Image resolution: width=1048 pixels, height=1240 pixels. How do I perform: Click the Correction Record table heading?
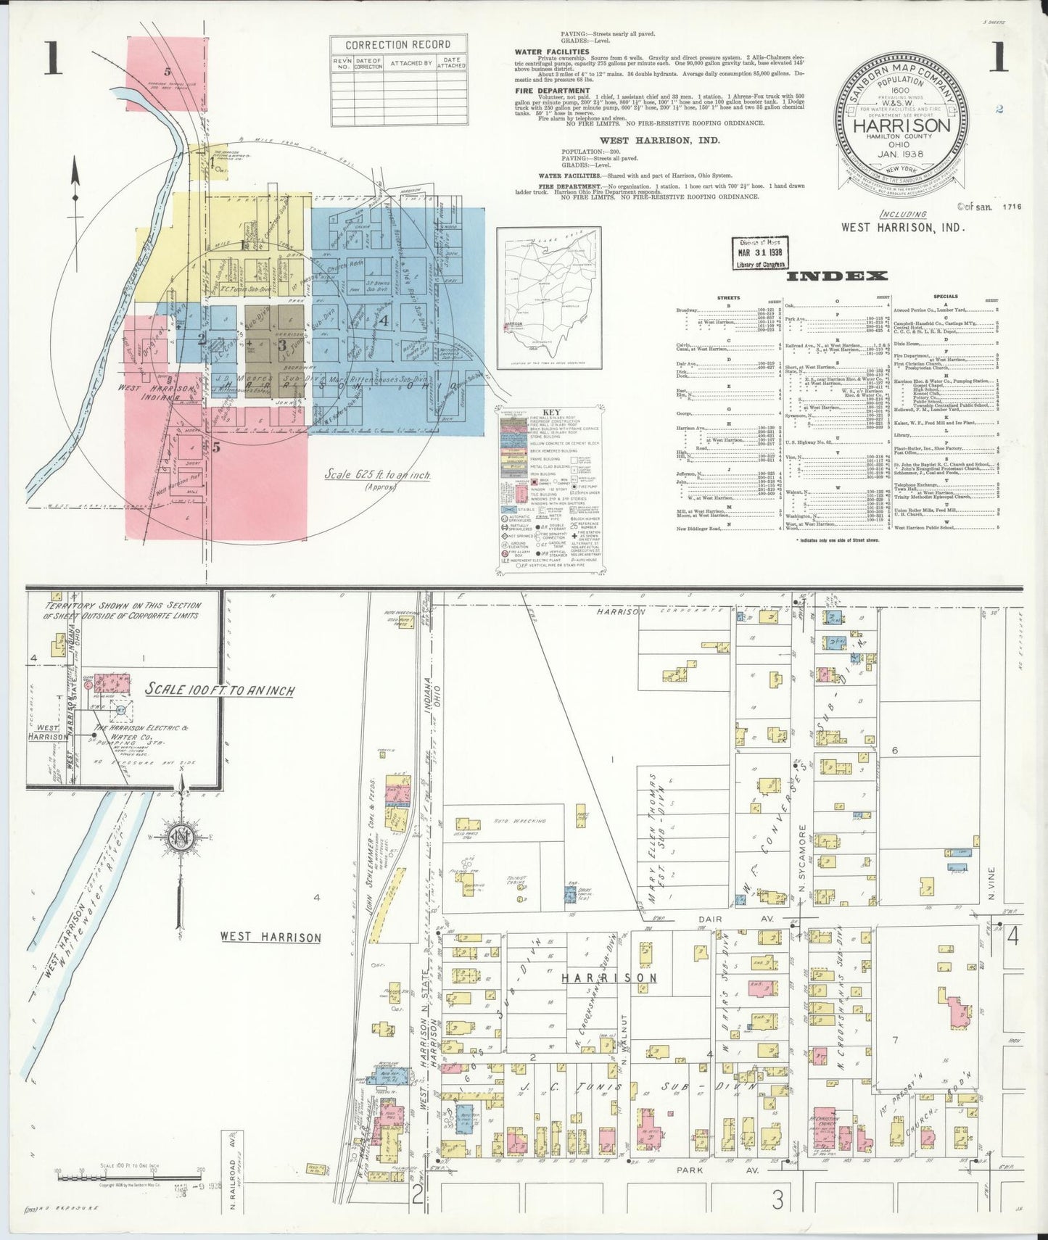[x=397, y=45]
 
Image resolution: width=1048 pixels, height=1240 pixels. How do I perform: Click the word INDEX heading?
[x=836, y=276]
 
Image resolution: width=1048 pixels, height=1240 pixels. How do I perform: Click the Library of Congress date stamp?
[x=759, y=253]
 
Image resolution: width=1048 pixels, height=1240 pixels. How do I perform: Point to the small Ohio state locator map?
[x=549, y=298]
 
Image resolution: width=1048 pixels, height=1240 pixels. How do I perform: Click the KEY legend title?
[x=552, y=411]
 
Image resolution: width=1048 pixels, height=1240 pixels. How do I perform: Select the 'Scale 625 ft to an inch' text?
[x=377, y=476]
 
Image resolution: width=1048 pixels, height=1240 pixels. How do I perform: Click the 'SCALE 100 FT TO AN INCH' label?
[x=220, y=689]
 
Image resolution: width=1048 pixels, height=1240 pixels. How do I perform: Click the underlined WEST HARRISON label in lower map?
[x=271, y=937]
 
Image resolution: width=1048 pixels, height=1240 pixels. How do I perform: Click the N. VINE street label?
[x=991, y=884]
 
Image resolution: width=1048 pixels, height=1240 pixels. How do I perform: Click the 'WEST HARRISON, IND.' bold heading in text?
[x=659, y=140]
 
